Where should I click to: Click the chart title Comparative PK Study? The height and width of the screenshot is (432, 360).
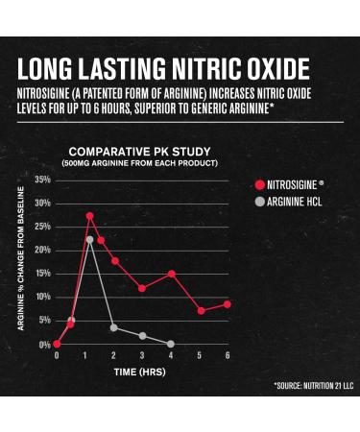pyautogui.click(x=132, y=152)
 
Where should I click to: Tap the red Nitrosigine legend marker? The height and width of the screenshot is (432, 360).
pyautogui.click(x=258, y=182)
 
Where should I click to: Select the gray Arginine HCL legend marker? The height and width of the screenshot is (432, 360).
pyautogui.click(x=258, y=200)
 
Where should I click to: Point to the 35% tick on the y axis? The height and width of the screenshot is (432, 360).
pyautogui.click(x=43, y=180)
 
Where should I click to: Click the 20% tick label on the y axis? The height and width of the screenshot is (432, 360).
pyautogui.click(x=43, y=251)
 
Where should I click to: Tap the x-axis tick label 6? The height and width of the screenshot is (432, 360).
pyautogui.click(x=228, y=356)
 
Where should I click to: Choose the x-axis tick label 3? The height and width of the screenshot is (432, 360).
pyautogui.click(x=142, y=356)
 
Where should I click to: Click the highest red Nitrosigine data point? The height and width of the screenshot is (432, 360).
pyautogui.click(x=90, y=216)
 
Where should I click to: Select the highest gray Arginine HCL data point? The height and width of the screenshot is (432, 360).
pyautogui.click(x=90, y=240)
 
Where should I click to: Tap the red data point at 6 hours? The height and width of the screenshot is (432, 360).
pyautogui.click(x=228, y=304)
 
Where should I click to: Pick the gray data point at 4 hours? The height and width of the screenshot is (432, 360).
pyautogui.click(x=171, y=343)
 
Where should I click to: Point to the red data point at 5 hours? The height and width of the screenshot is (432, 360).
pyautogui.click(x=201, y=310)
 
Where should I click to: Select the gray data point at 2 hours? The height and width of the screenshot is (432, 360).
pyautogui.click(x=114, y=327)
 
